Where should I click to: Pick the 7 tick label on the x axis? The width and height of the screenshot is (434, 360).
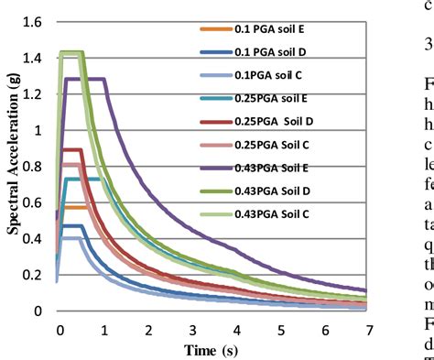[367, 330]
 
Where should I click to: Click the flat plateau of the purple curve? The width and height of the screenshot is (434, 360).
[92, 79]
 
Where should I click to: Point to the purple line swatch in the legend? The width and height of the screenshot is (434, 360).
[217, 166]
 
